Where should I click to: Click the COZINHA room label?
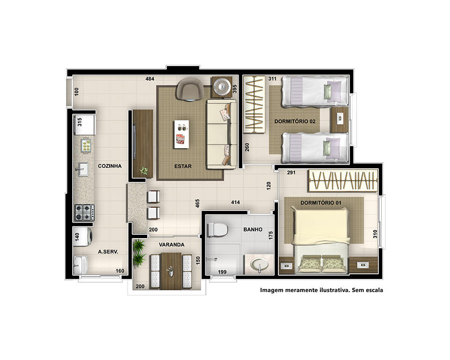110,166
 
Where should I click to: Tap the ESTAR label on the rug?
183,166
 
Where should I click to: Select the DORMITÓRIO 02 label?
295,121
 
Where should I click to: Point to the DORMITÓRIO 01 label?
321,202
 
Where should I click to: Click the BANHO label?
253,229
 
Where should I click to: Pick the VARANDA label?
172,245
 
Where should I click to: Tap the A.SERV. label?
108,252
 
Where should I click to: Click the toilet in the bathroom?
217,230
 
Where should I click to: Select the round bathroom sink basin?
260,264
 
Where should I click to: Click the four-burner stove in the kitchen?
84,212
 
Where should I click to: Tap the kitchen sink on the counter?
83,169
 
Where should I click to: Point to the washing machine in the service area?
82,237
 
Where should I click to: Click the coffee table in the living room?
181,134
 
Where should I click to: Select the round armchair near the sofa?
190,89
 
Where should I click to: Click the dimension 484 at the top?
150,79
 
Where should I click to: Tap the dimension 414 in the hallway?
235,202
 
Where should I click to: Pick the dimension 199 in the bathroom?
222,272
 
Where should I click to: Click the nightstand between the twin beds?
339,120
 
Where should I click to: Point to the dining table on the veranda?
171,271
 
